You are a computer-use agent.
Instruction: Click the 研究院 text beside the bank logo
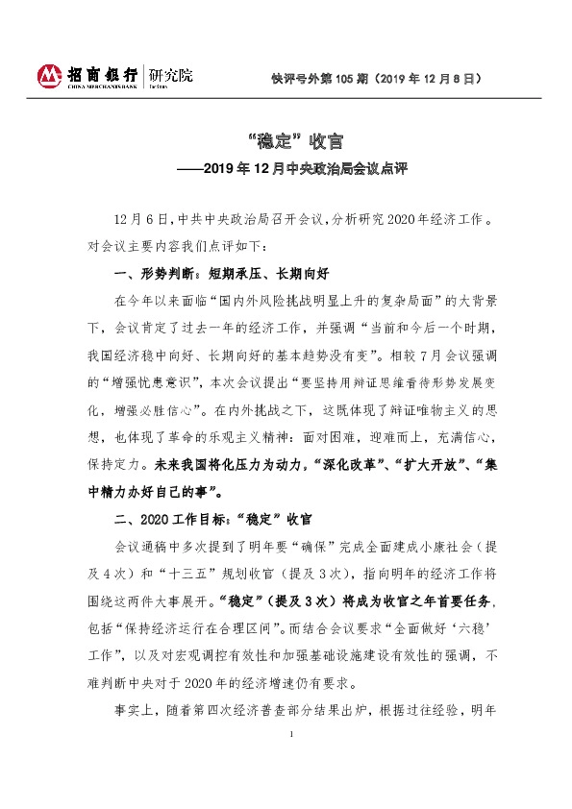coord(171,72)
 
